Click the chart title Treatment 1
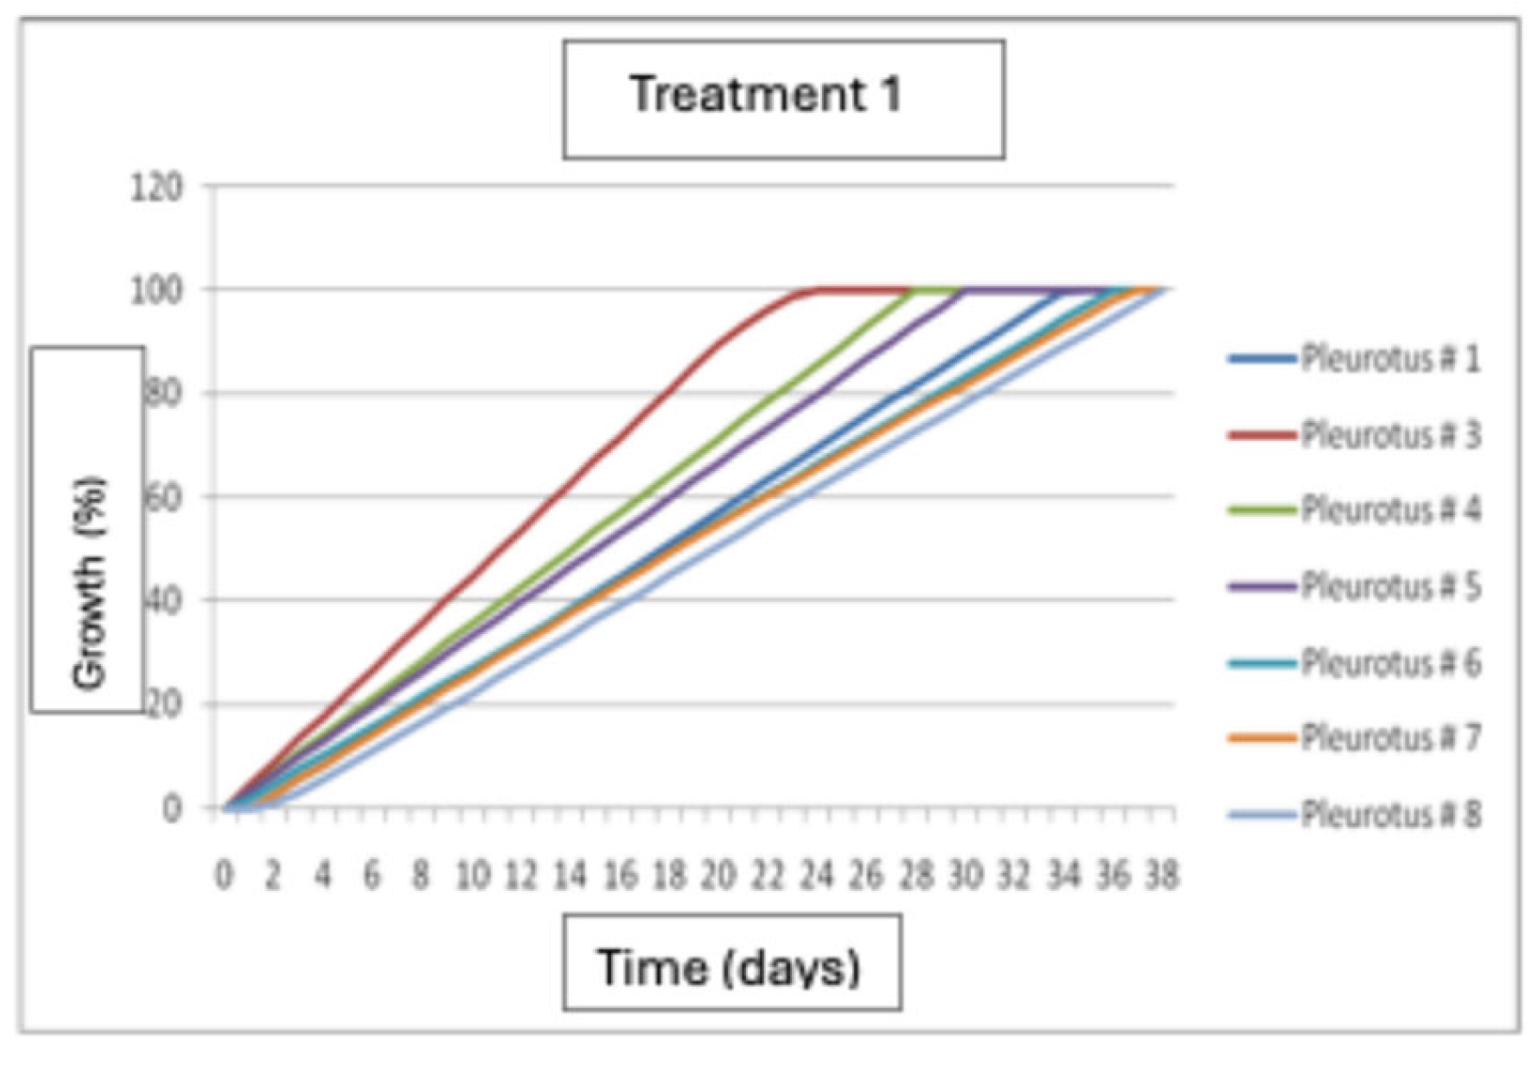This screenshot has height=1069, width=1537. click(765, 95)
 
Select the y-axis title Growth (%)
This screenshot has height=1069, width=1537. click(89, 584)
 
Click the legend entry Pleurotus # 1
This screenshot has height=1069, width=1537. click(1389, 359)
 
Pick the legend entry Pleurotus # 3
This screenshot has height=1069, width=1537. click(1389, 435)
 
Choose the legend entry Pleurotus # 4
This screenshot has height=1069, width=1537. click(1389, 510)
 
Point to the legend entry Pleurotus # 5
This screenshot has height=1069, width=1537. click(1389, 587)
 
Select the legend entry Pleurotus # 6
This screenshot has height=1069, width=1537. click(1389, 663)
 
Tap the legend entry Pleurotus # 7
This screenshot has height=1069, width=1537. click(1389, 738)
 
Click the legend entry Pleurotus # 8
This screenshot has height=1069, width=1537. click(1389, 815)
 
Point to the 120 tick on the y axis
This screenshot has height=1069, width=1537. click(156, 186)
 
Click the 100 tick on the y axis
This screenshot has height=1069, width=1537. click(156, 289)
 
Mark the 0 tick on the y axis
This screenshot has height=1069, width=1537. click(171, 808)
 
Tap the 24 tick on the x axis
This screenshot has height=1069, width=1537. click(817, 876)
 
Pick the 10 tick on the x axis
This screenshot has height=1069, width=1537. click(472, 876)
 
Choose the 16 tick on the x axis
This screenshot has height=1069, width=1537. click(620, 876)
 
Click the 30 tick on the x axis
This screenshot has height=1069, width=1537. click(964, 876)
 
